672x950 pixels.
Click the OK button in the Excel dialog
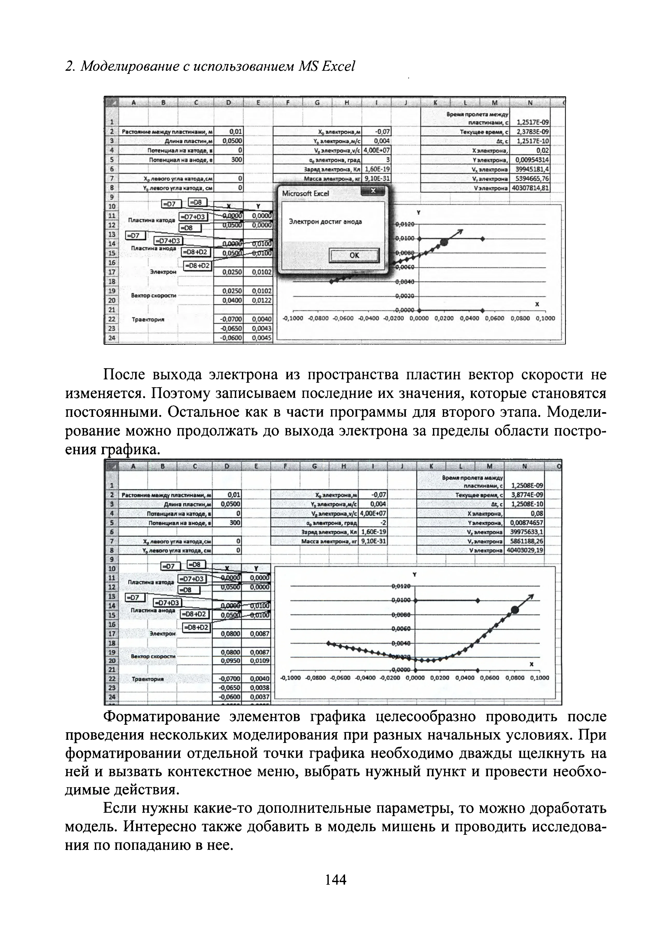354,255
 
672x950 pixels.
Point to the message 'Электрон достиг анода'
325,222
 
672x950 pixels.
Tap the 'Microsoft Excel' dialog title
305,193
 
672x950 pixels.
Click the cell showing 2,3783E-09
533,132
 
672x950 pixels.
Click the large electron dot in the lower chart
515,609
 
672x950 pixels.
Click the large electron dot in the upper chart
444,242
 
